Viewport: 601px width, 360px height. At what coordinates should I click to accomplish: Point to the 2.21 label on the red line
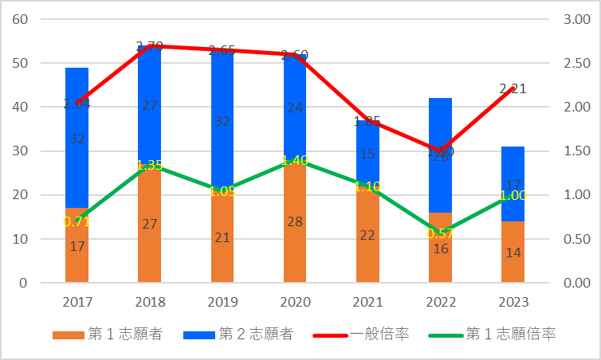tap(513, 89)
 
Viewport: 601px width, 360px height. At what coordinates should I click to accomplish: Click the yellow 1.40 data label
tap(295, 160)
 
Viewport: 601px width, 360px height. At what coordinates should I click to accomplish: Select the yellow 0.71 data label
tap(77, 221)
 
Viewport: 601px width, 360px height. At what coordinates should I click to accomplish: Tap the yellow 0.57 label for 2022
tap(440, 233)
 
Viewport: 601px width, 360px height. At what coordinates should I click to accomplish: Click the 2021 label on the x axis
tap(367, 302)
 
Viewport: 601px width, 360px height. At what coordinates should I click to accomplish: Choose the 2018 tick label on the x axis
tap(149, 302)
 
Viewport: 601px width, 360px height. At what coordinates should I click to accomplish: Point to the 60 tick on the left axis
tap(20, 19)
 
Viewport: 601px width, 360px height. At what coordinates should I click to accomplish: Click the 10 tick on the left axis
tap(20, 239)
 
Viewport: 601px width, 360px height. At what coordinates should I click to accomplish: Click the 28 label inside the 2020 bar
tap(295, 222)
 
